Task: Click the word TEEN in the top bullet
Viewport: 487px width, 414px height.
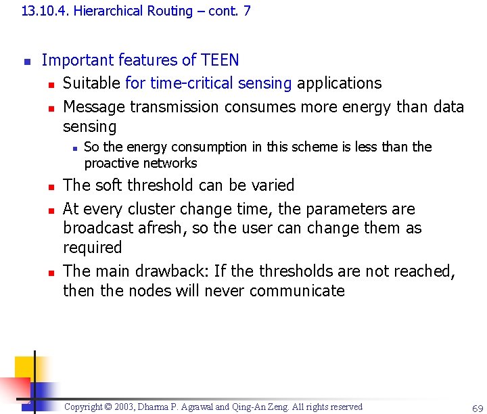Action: click(220, 60)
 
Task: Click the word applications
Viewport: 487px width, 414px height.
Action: click(340, 83)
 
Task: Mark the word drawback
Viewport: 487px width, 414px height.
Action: click(172, 271)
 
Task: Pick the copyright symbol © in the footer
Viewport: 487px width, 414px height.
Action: click(108, 407)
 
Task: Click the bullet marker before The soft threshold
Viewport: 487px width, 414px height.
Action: click(49, 186)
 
